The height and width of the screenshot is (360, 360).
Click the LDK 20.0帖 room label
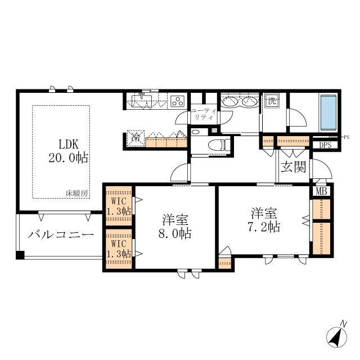tap(68, 151)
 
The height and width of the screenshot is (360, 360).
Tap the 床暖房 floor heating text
tap(76, 193)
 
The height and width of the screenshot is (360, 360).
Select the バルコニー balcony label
tap(61, 235)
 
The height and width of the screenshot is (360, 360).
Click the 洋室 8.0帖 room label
tap(175, 227)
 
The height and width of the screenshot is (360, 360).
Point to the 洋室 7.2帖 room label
tap(264, 220)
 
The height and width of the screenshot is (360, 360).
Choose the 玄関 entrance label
tap(294, 167)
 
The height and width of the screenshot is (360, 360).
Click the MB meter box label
tap(321, 191)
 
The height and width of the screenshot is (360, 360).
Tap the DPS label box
tap(325, 145)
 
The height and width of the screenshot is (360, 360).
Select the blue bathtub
tap(328, 112)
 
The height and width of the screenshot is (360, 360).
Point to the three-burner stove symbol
tap(178, 101)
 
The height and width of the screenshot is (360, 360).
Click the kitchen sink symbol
tap(142, 101)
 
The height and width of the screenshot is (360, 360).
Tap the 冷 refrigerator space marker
tap(136, 138)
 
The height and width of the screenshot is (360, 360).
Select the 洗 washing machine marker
tap(272, 101)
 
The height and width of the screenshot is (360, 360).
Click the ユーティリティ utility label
tap(204, 115)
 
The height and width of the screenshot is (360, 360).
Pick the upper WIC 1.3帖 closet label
tap(119, 206)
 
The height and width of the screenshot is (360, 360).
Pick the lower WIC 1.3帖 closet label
tap(119, 249)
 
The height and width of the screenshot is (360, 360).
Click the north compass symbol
tap(337, 336)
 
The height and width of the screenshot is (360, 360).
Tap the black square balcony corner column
tap(20, 255)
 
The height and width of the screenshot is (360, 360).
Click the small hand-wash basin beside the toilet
tap(195, 132)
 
